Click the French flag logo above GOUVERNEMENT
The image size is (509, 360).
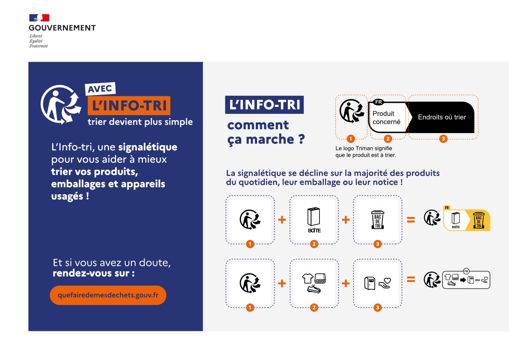(39, 18)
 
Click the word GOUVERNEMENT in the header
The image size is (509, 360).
(62, 28)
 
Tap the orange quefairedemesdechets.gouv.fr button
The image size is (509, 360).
(108, 295)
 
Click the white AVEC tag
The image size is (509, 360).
(100, 89)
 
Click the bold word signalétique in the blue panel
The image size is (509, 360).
(148, 147)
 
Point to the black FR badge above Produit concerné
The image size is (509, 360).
(378, 102)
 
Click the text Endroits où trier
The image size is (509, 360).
(441, 117)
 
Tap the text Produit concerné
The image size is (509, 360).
(386, 118)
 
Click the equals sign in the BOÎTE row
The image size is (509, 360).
(411, 220)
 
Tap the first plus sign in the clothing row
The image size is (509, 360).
(282, 283)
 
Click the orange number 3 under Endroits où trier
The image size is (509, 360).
(443, 139)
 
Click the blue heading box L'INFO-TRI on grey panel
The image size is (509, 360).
(264, 105)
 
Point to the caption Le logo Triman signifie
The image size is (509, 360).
(364, 148)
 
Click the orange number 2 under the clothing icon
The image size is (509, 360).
(314, 307)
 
